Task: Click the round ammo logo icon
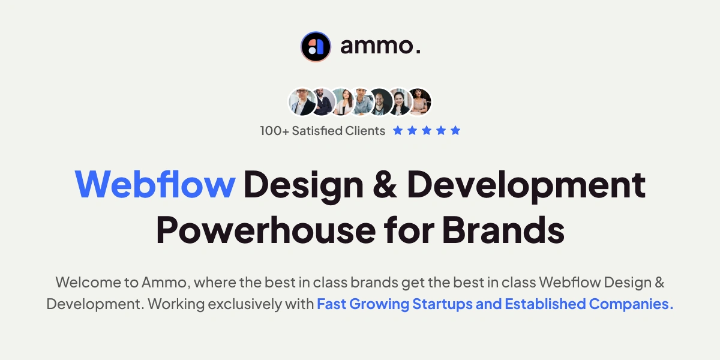pos(316,46)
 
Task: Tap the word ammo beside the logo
pos(380,46)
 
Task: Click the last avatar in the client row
pos(419,102)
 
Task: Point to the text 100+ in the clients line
pos(274,131)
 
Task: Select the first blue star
pos(398,130)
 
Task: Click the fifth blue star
pos(455,130)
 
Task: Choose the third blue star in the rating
pos(427,130)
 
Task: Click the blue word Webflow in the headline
pos(155,185)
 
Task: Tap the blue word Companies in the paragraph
pos(631,304)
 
